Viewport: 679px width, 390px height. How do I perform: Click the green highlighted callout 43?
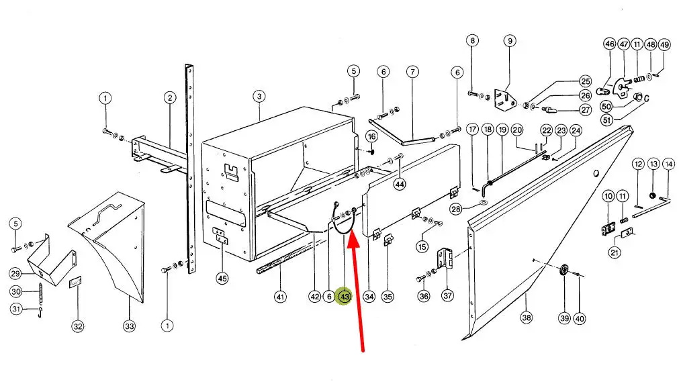pyautogui.click(x=345, y=297)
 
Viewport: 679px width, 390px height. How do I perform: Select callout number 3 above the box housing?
pyautogui.click(x=259, y=96)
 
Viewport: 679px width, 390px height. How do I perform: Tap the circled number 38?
pyautogui.click(x=526, y=318)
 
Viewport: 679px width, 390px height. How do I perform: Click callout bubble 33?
pyautogui.click(x=130, y=326)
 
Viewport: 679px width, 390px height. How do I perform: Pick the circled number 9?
pyautogui.click(x=510, y=41)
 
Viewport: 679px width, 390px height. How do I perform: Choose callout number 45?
pyautogui.click(x=222, y=279)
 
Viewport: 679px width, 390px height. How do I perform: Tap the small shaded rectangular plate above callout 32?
pyautogui.click(x=77, y=283)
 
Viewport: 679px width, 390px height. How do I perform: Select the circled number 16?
pyautogui.click(x=371, y=136)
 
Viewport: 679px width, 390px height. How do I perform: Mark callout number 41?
pyautogui.click(x=281, y=297)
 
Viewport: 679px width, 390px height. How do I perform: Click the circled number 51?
pyautogui.click(x=607, y=119)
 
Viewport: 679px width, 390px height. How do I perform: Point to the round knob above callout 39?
pyautogui.click(x=564, y=271)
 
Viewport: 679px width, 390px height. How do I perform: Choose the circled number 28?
pyautogui.click(x=456, y=209)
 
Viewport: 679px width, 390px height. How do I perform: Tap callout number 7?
pyautogui.click(x=412, y=71)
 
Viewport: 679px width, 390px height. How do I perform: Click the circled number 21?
pyautogui.click(x=615, y=252)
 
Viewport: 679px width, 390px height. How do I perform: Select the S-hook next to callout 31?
pyautogui.click(x=40, y=312)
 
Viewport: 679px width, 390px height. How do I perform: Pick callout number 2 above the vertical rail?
pyautogui.click(x=170, y=98)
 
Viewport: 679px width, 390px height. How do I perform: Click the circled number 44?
pyautogui.click(x=399, y=184)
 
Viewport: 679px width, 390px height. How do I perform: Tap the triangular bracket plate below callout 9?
pyautogui.click(x=504, y=100)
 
